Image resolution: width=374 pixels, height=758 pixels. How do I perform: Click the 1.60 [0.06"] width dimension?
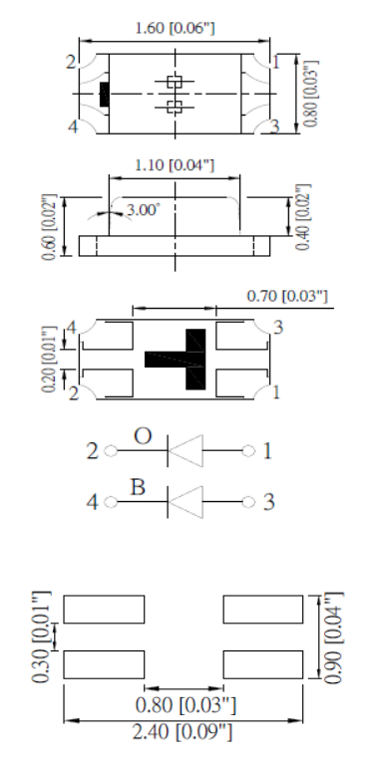click(175, 28)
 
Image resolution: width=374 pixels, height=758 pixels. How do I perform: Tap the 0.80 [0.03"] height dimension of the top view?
click(312, 94)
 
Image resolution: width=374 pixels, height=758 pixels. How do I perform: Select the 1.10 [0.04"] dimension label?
click(174, 165)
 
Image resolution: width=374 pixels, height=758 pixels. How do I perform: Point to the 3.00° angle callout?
click(143, 210)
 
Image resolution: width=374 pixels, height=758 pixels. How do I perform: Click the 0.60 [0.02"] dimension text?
click(49, 227)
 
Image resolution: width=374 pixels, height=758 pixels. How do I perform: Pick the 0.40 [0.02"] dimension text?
click(302, 217)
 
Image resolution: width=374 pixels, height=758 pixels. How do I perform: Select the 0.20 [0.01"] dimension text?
click(49, 360)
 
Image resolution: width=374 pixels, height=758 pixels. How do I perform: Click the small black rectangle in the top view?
click(104, 95)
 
